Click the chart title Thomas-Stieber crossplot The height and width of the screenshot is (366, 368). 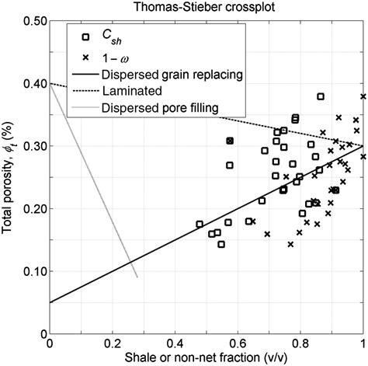pyautogui.click(x=206, y=8)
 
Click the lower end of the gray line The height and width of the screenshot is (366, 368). pyautogui.click(x=137, y=277)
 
